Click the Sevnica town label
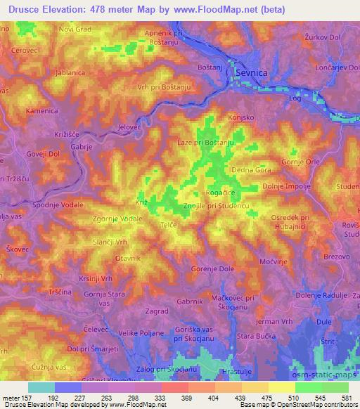(252, 82)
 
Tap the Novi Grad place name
(77, 30)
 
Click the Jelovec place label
(130, 126)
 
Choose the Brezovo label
(337, 258)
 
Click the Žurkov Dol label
(323, 37)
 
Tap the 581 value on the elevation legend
(346, 397)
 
